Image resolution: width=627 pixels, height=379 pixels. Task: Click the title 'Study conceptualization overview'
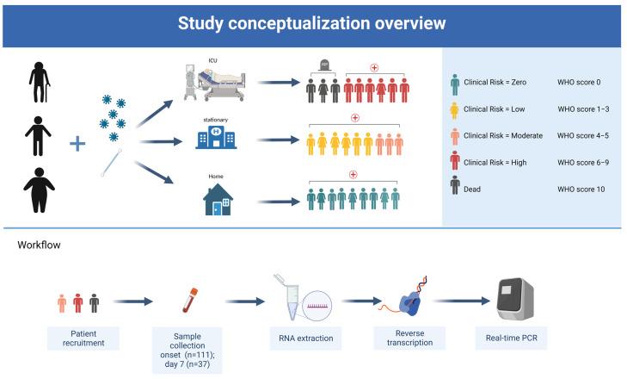[312, 23]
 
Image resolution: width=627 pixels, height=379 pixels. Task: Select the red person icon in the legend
[455, 161]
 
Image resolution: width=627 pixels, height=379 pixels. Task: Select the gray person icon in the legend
[455, 187]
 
